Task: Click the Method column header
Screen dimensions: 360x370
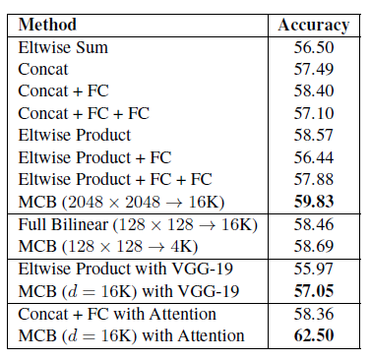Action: tap(47, 24)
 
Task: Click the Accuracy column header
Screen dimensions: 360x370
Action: tap(312, 24)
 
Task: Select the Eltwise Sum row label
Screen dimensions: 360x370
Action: tap(63, 46)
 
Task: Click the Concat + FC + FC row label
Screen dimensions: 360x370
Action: tap(84, 114)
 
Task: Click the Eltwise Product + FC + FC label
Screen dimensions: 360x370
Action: tap(114, 180)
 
